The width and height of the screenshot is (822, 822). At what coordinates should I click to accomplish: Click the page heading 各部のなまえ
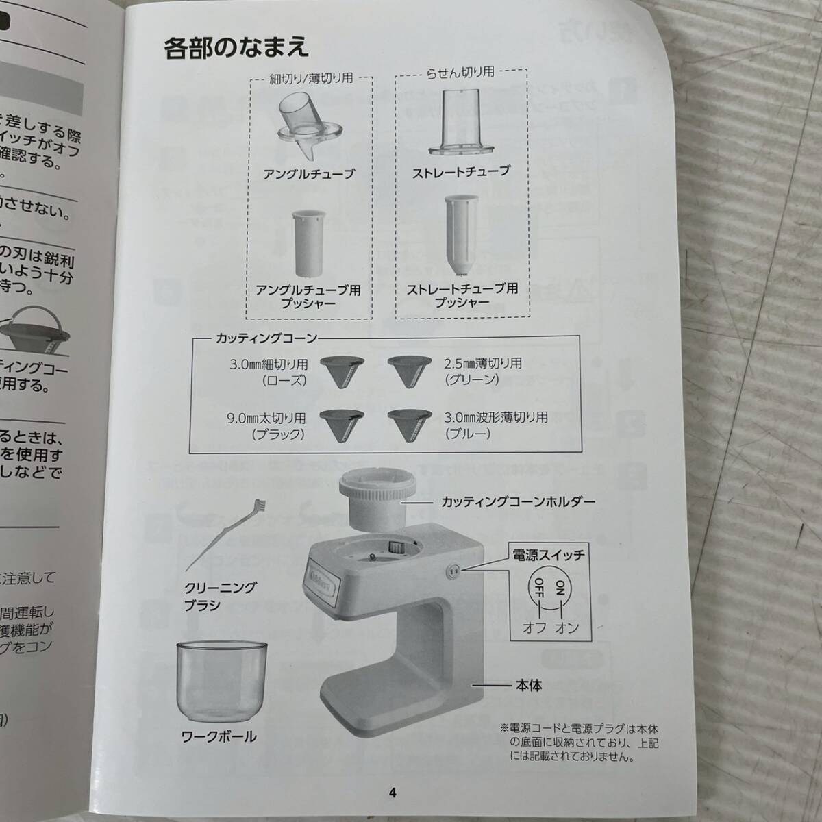[236, 48]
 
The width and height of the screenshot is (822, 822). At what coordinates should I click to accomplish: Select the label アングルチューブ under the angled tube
[310, 174]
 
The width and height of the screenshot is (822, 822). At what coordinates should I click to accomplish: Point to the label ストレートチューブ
[461, 171]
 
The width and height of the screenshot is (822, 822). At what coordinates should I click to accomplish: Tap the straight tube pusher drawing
[461, 237]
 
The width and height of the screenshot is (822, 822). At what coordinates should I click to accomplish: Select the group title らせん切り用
[460, 72]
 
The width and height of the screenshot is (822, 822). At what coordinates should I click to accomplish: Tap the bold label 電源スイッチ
[547, 555]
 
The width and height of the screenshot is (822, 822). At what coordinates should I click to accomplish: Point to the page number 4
[393, 793]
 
